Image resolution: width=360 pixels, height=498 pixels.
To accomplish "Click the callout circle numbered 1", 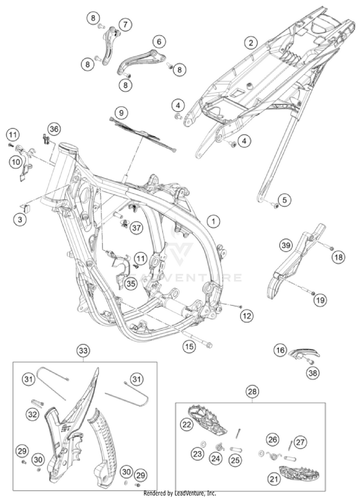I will point(213,221).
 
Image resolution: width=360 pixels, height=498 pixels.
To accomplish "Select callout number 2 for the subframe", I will point(250,43).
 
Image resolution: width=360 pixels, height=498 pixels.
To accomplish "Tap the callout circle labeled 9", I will point(121,113).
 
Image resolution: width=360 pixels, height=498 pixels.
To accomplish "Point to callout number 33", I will point(83,351).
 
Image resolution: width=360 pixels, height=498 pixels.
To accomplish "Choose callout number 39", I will point(286,245).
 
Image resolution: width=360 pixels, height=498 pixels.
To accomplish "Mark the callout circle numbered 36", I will point(54,129).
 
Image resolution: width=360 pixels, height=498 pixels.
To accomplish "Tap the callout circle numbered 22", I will point(187,424).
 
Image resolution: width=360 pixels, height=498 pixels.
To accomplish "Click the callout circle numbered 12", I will point(247,316).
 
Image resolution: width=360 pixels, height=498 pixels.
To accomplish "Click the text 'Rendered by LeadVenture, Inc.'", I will point(180,493).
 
